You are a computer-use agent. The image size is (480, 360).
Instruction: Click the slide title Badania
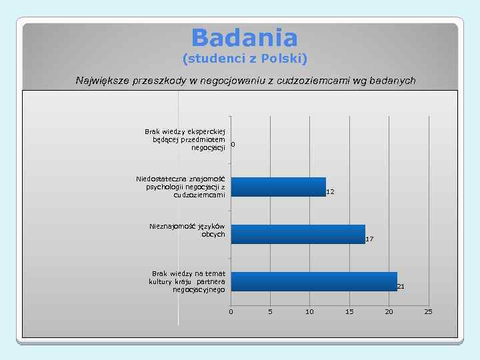pyautogui.click(x=244, y=37)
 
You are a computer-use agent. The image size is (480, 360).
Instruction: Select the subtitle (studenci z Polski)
pyautogui.click(x=245, y=59)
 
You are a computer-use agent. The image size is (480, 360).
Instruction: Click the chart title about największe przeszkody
pyautogui.click(x=245, y=81)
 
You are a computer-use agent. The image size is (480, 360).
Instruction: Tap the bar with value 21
pyautogui.click(x=314, y=281)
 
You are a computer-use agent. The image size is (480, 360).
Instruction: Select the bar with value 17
pyautogui.click(x=298, y=234)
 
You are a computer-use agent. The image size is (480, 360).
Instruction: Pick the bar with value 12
pyautogui.click(x=278, y=187)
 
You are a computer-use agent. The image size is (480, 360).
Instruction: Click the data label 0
pyautogui.click(x=233, y=144)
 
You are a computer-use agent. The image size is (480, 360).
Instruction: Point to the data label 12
pyautogui.click(x=330, y=192)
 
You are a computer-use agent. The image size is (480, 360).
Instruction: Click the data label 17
pyautogui.click(x=369, y=239)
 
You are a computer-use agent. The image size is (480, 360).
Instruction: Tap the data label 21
pyautogui.click(x=401, y=286)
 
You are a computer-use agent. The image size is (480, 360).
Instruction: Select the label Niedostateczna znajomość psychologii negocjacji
pyautogui.click(x=181, y=187)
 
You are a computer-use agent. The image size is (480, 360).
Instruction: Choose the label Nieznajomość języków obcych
pyautogui.click(x=188, y=231)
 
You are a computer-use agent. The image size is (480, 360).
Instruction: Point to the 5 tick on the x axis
pyautogui.click(x=270, y=312)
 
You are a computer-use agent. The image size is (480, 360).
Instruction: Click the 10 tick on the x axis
pyautogui.click(x=309, y=312)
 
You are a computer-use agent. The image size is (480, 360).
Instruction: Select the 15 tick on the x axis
pyautogui.click(x=349, y=312)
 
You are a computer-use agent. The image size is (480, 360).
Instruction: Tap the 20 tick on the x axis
pyautogui.click(x=389, y=312)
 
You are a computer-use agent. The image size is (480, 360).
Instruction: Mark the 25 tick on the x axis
pyautogui.click(x=428, y=312)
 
